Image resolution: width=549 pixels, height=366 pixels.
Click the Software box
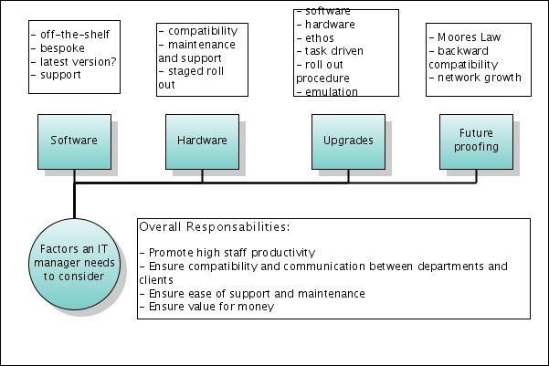(75, 141)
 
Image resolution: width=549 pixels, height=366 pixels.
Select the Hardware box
(203, 141)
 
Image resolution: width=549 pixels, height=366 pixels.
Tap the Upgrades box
(348, 141)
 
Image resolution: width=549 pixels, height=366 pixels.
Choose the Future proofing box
(477, 141)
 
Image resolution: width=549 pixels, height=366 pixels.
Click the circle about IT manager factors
(74, 264)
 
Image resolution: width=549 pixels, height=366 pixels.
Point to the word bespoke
(62, 48)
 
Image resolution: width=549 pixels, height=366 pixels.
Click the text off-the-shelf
(75, 35)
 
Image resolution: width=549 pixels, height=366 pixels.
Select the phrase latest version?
(78, 61)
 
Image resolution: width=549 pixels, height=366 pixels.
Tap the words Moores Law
(470, 37)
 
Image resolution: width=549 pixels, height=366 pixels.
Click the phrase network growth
(480, 78)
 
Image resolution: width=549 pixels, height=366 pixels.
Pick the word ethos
(320, 37)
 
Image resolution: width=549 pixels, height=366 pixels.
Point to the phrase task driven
(334, 51)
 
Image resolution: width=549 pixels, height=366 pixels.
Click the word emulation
(332, 91)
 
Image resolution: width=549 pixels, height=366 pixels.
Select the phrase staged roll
(196, 71)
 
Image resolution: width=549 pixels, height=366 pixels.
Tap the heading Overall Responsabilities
(215, 226)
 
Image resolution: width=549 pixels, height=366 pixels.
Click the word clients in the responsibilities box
(156, 280)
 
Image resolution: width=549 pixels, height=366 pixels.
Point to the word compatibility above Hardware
(203, 31)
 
